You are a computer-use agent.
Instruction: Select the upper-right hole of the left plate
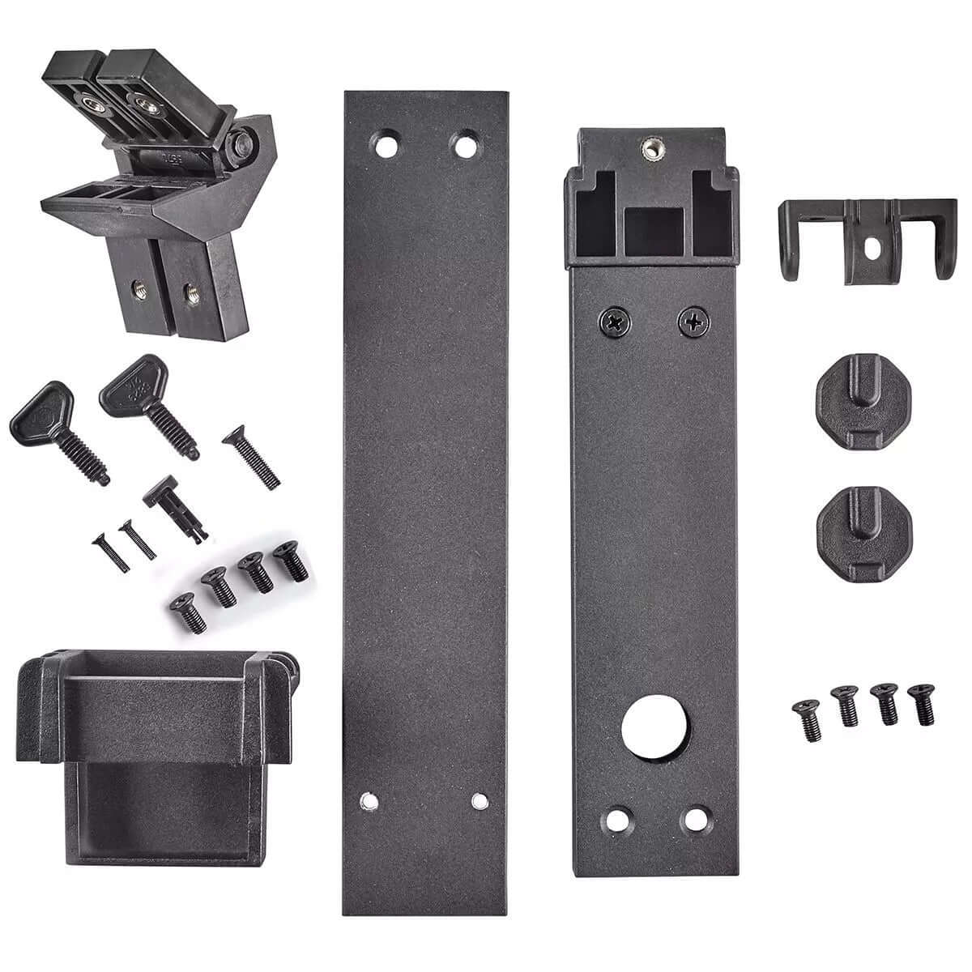(464, 147)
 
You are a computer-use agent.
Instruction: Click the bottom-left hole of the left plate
(369, 802)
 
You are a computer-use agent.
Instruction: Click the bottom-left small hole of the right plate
(620, 819)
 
